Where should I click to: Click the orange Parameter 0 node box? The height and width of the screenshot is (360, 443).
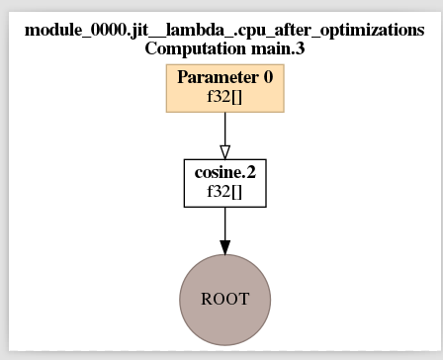224,88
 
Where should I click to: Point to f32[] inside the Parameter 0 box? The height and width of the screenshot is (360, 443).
224,98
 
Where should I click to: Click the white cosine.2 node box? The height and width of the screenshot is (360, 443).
224,183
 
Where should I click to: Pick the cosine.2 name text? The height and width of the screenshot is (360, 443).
224,174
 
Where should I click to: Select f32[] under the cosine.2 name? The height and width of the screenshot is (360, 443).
224,193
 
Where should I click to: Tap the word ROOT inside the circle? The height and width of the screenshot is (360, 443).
224,299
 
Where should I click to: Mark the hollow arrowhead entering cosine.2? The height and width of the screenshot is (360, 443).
224,151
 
